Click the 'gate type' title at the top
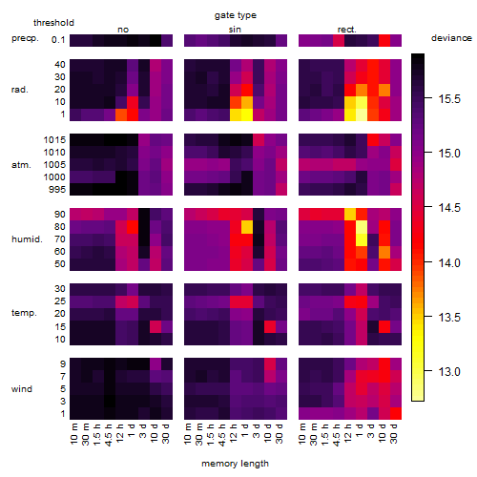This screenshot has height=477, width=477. click(236, 15)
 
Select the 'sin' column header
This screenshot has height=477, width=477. click(235, 30)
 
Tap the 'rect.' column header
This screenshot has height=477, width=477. click(347, 30)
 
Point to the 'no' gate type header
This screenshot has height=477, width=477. click(123, 30)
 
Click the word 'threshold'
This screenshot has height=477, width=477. click(53, 23)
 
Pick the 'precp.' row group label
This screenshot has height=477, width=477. click(25, 38)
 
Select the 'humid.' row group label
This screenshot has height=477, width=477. click(27, 239)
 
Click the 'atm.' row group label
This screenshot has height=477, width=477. click(21, 165)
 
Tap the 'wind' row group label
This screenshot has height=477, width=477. click(22, 389)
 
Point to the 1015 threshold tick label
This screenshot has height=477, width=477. click(54, 140)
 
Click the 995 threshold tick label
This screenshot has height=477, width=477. click(57, 190)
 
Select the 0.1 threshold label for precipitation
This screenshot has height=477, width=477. click(58, 40)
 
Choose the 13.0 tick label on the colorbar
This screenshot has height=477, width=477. click(449, 371)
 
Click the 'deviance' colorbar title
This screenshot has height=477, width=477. click(451, 38)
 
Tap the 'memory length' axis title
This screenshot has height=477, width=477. click(236, 464)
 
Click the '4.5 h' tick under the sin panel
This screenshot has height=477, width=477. click(222, 435)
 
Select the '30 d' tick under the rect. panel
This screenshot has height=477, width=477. click(394, 433)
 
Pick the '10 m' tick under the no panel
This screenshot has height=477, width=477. click(73, 434)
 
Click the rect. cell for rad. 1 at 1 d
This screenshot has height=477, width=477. click(362, 114)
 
